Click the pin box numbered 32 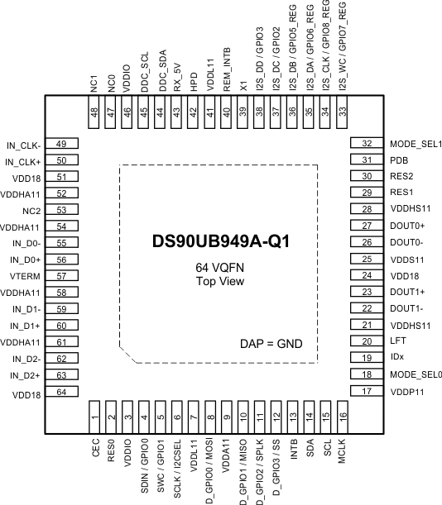[366, 144]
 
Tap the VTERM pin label [28, 276]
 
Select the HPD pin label [194, 78]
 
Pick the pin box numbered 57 [61, 276]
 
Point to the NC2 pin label [31, 211]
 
